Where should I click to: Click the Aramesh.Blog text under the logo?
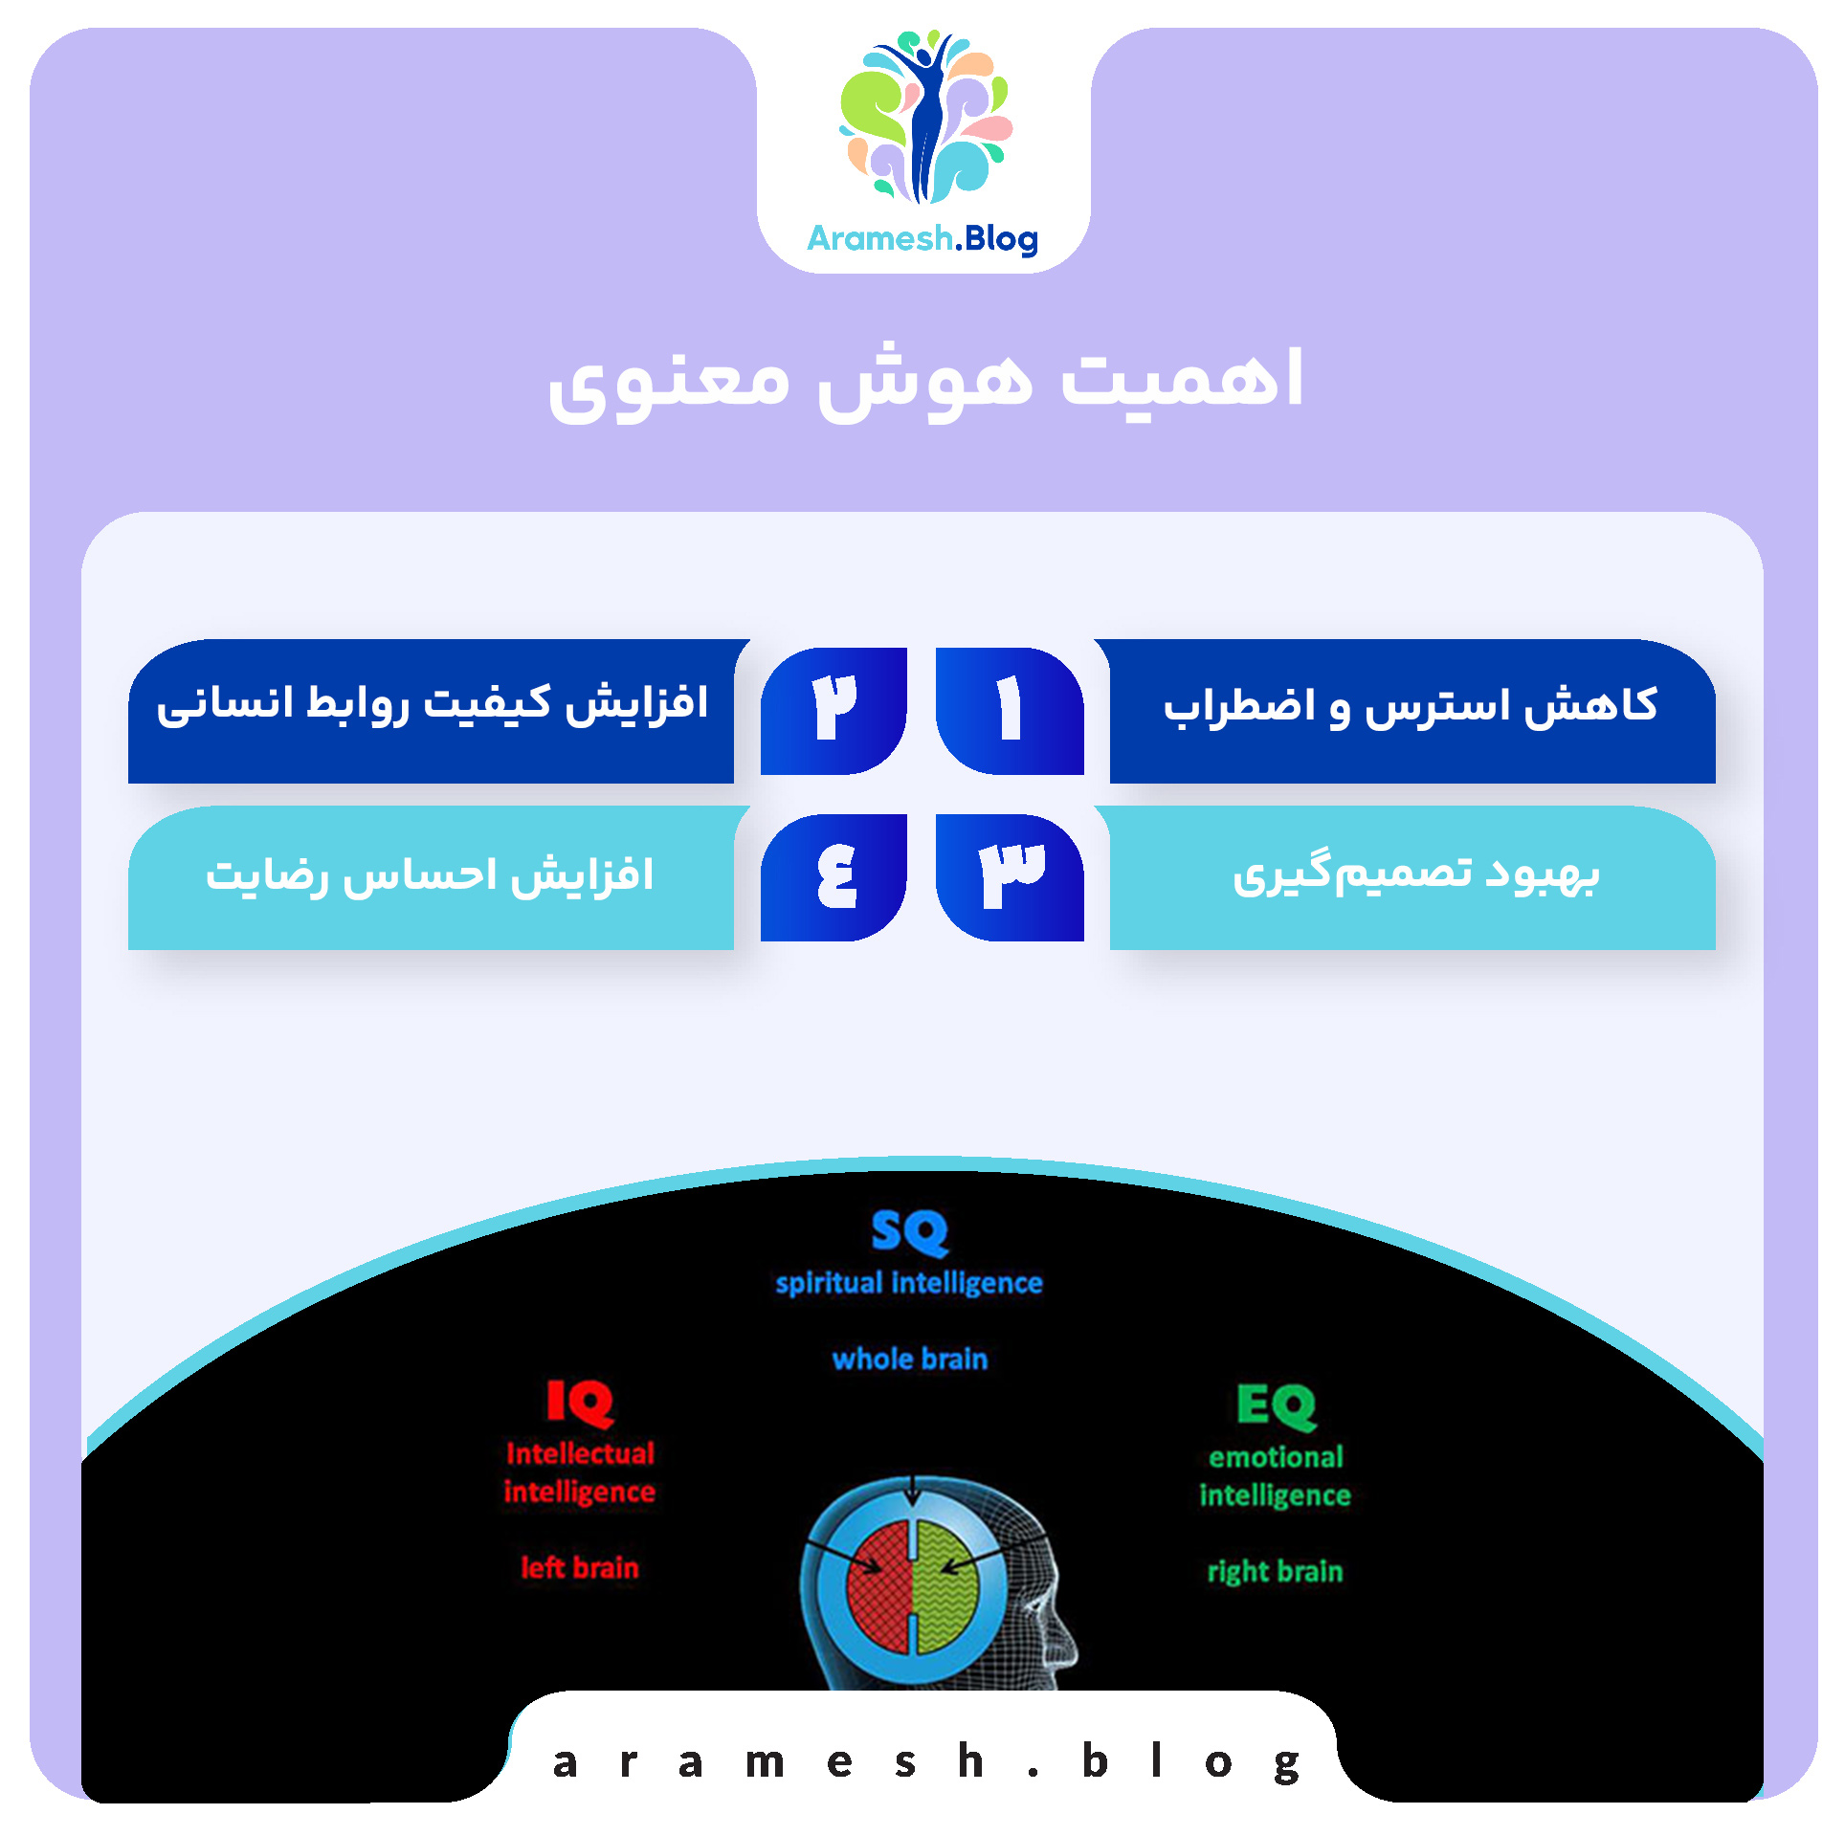922,238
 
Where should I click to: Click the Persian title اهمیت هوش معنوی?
924,381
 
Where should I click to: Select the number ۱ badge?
1010,710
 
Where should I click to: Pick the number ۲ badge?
834,710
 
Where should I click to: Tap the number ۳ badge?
1010,876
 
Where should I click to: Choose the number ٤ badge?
834,876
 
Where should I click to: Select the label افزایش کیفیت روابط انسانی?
433,704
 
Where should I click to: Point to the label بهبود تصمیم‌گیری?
1415,874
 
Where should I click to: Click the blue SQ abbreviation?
909,1232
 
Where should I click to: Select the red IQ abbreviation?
580,1403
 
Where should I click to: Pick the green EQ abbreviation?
1277,1405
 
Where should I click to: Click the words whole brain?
909,1359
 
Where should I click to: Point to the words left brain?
579,1567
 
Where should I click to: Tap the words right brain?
1275,1571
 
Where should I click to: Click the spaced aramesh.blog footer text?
924,1762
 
